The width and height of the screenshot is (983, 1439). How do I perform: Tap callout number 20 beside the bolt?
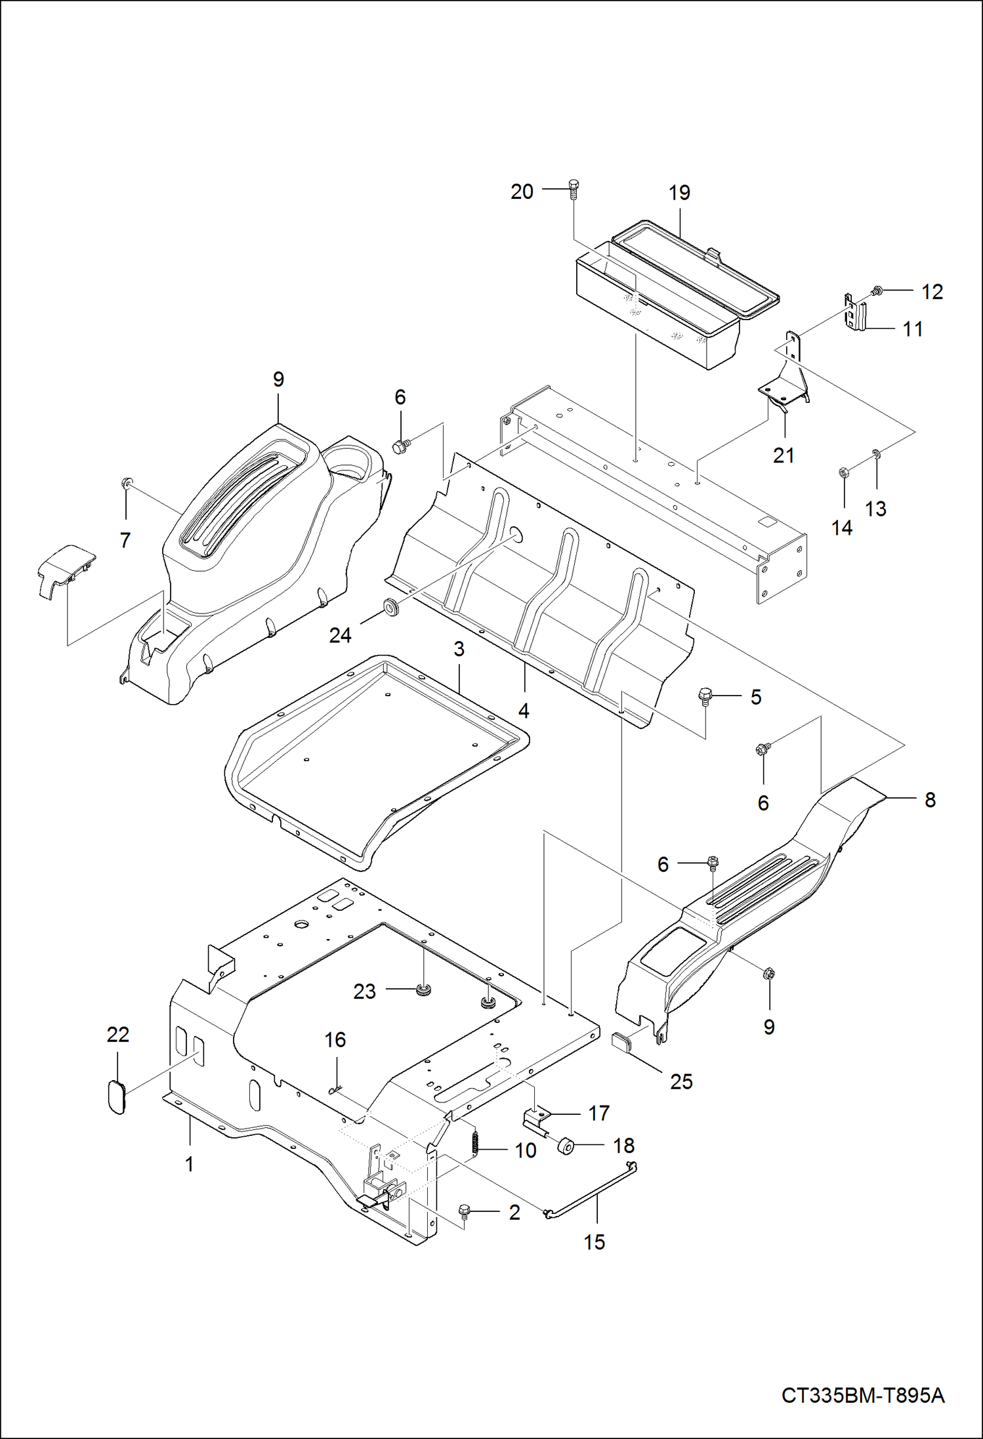(x=522, y=192)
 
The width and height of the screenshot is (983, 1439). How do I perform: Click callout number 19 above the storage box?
(x=679, y=192)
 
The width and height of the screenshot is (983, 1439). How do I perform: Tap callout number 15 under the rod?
(x=594, y=1241)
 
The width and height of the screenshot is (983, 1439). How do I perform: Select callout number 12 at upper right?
(x=932, y=291)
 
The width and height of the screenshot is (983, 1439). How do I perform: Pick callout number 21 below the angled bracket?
(x=784, y=455)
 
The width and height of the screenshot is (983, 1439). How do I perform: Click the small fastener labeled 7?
(x=126, y=484)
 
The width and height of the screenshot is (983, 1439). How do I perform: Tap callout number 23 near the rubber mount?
(x=364, y=991)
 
